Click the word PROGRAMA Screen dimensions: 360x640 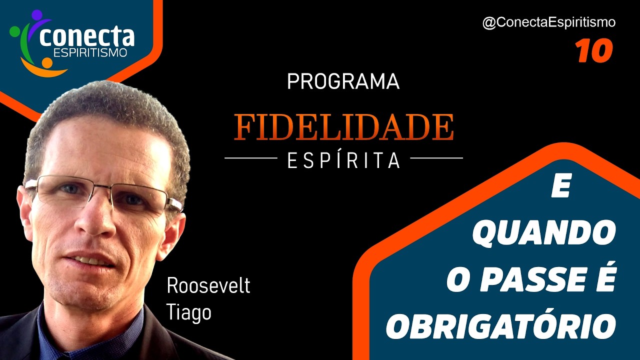coord(343,81)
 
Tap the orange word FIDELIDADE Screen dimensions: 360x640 coord(344,127)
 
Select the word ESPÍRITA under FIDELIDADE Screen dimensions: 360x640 coord(344,160)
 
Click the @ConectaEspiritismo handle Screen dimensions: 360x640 coord(548,22)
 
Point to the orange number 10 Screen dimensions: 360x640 coord(593,51)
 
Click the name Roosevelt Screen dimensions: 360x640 coord(208,286)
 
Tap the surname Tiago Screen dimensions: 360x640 coord(189,312)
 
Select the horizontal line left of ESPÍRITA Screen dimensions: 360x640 coord(250,158)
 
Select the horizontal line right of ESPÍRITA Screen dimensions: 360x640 coord(436,158)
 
